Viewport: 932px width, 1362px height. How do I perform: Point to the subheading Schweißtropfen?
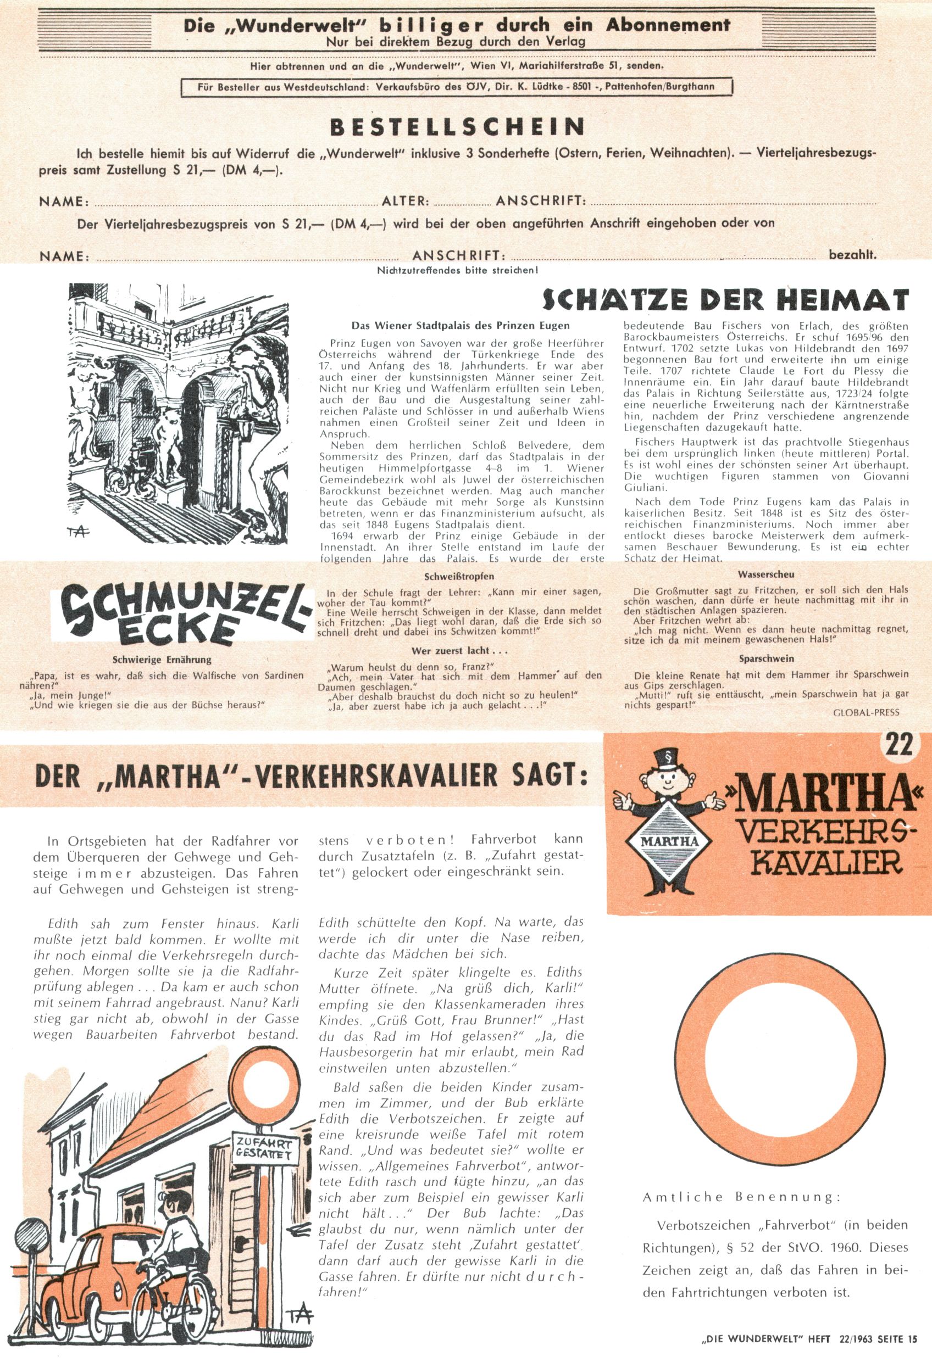pyautogui.click(x=459, y=576)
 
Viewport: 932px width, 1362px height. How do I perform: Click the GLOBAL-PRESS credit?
pyautogui.click(x=866, y=712)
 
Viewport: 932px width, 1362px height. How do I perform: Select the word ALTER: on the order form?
pyautogui.click(x=407, y=201)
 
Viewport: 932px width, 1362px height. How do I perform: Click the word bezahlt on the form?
pyautogui.click(x=852, y=255)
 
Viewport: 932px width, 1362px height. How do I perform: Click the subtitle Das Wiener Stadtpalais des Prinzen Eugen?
pyautogui.click(x=461, y=325)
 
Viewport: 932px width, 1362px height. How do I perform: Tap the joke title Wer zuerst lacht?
pyautogui.click(x=459, y=651)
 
